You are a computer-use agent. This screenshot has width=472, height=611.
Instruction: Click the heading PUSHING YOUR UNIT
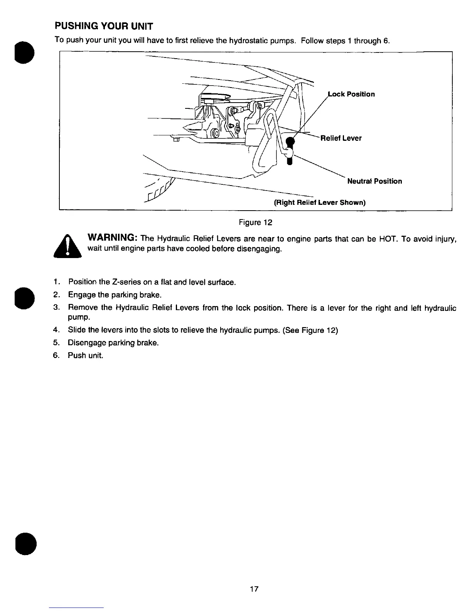pos(104,26)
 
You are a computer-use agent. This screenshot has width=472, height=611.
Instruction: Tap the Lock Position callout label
pos(351,94)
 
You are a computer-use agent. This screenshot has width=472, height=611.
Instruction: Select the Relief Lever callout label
pos(341,138)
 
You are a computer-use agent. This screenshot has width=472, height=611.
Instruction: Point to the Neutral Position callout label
pos(374,181)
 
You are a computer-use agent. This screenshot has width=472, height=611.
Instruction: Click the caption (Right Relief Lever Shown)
pos(319,203)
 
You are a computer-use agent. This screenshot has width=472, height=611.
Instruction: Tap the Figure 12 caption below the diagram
pos(256,223)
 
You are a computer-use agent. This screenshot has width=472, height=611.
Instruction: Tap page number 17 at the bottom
pos(254,589)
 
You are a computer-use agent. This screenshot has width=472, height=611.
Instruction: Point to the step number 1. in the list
pos(56,282)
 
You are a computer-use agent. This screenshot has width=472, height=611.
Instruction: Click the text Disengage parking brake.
pos(113,343)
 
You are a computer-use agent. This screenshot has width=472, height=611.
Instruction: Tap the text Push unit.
pos(86,355)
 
